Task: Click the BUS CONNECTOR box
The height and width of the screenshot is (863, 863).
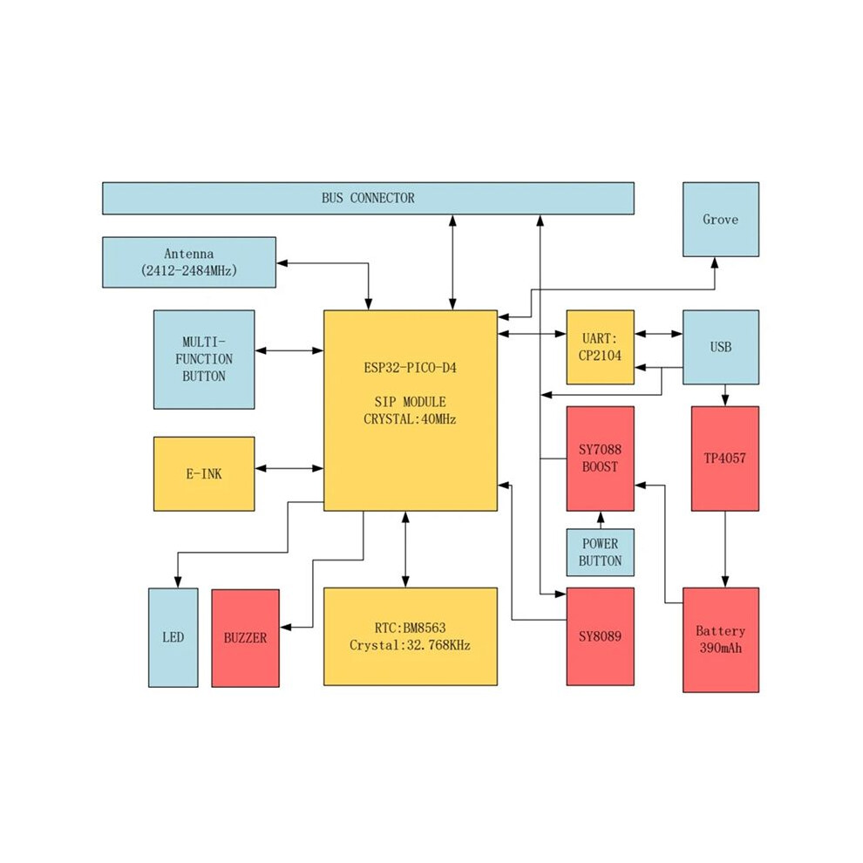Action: click(x=368, y=198)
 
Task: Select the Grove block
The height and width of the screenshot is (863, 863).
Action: click(x=720, y=219)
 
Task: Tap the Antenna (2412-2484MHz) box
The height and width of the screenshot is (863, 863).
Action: click(x=189, y=262)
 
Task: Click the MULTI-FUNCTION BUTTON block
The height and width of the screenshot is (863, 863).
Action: click(x=204, y=359)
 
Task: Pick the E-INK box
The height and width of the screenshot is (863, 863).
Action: click(x=204, y=474)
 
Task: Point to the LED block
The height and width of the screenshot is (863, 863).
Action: click(x=173, y=637)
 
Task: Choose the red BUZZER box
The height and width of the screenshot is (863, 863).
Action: click(x=245, y=638)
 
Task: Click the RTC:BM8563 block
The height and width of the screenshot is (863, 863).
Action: click(x=410, y=636)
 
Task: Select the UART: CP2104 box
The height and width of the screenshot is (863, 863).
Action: click(x=600, y=347)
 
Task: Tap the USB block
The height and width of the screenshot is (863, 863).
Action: click(x=720, y=347)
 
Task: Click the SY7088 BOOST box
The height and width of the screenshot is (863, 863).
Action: click(x=600, y=459)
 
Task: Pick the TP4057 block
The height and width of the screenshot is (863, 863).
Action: click(x=725, y=459)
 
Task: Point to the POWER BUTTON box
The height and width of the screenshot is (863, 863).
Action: click(x=600, y=552)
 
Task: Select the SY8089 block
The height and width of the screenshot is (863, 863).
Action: click(x=600, y=636)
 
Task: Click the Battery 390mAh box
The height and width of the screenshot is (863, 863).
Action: click(x=720, y=640)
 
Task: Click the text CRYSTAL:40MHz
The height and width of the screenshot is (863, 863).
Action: click(x=410, y=419)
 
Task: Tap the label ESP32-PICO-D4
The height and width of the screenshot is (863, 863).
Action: click(x=410, y=368)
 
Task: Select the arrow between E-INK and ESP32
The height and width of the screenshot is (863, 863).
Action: click(x=289, y=468)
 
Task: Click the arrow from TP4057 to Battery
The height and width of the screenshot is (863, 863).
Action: click(x=725, y=549)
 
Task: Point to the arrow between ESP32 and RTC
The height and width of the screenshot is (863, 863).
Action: click(x=405, y=549)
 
